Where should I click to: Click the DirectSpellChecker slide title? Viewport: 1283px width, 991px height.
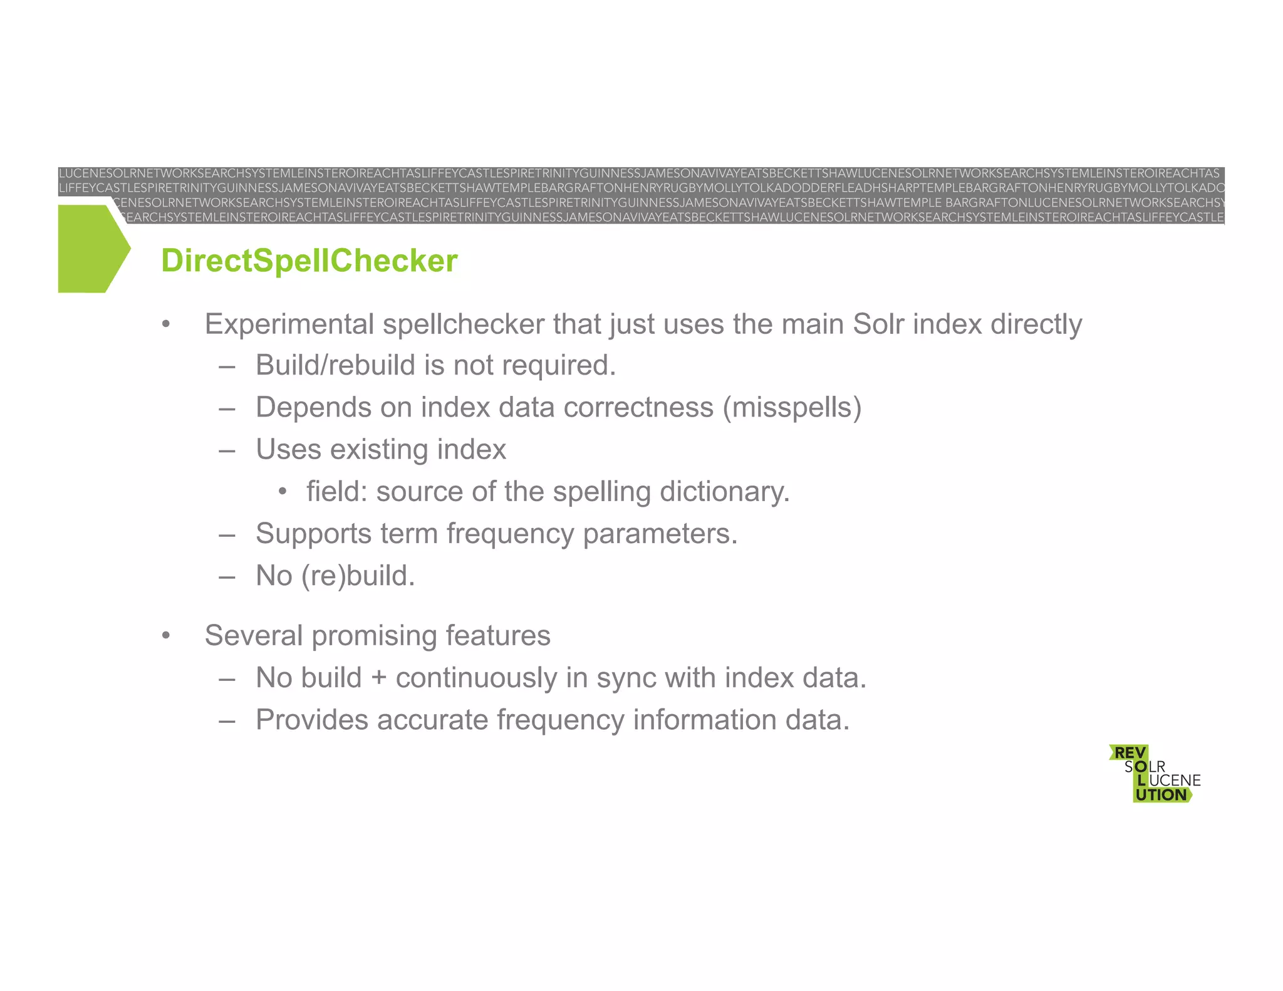pyautogui.click(x=309, y=261)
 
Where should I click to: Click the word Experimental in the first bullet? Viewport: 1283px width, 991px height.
pyautogui.click(x=290, y=324)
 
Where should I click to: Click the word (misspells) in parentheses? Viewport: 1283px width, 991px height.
pyautogui.click(x=792, y=408)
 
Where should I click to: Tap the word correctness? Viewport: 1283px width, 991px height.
pyautogui.click(x=638, y=408)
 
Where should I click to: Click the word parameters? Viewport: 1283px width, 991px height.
pyautogui.click(x=660, y=534)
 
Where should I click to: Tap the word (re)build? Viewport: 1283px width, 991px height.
pyautogui.click(x=358, y=576)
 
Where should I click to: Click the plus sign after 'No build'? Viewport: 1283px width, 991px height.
pyautogui.click(x=379, y=678)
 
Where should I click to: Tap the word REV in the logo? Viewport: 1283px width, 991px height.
pyautogui.click(x=1129, y=752)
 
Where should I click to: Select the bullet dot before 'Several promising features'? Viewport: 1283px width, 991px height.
pyautogui.click(x=166, y=636)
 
